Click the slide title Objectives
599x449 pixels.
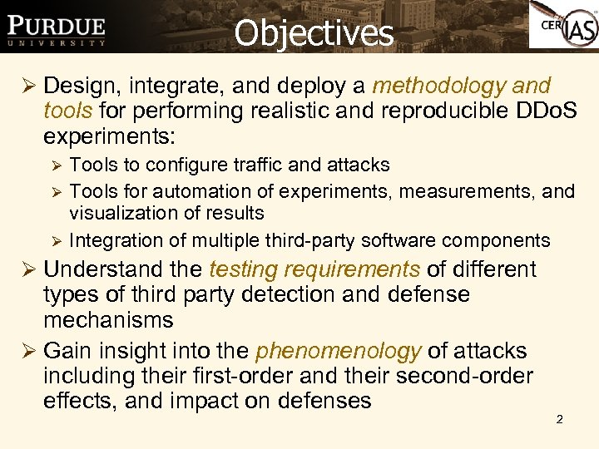(x=314, y=33)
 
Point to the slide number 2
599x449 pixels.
(x=559, y=419)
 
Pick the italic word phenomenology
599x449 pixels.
(x=338, y=352)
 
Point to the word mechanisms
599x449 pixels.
(x=108, y=319)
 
